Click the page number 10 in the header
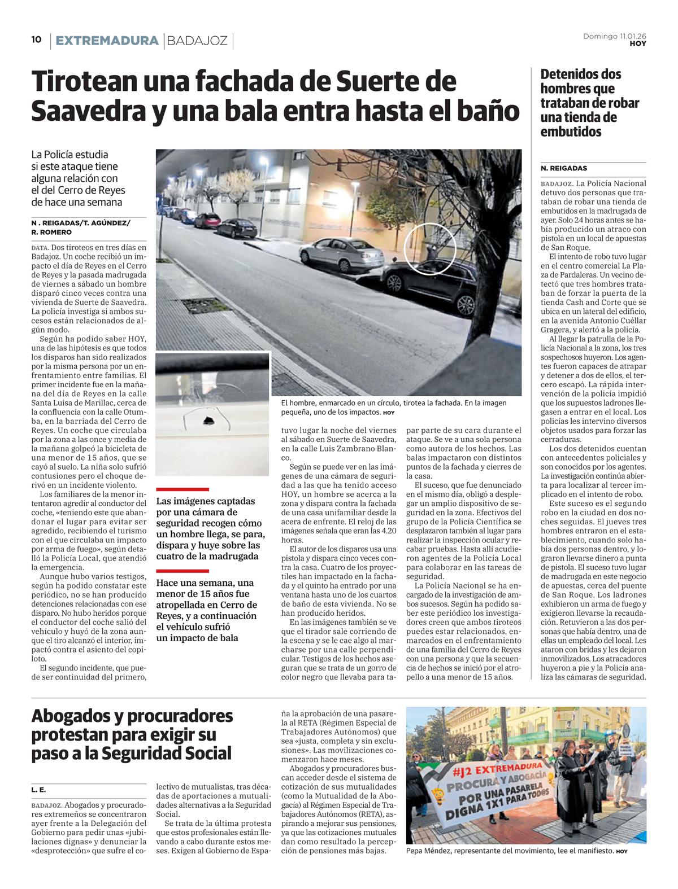36,40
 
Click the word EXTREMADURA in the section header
107,41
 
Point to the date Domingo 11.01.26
615,36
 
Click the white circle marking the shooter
431,248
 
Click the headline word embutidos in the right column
571,132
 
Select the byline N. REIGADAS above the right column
563,168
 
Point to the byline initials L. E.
38,790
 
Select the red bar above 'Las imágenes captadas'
182,489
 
